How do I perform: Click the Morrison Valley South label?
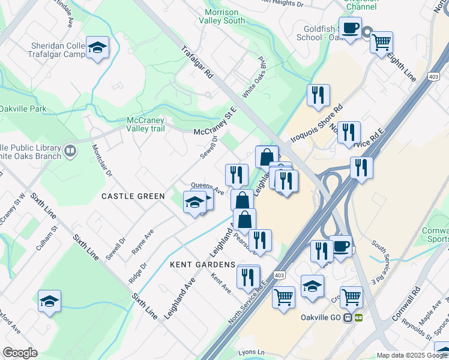click(x=224, y=16)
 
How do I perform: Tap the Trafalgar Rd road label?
click(x=197, y=62)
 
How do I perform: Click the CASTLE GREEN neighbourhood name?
click(x=133, y=196)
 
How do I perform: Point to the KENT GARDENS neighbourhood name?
click(x=202, y=265)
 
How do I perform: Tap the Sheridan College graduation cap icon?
click(x=97, y=48)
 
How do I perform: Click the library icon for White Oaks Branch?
click(x=70, y=151)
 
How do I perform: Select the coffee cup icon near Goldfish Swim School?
click(x=351, y=27)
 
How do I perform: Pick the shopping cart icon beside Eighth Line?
click(x=381, y=43)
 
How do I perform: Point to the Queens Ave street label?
click(x=207, y=188)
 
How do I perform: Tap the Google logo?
click(x=20, y=352)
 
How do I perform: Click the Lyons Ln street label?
click(x=252, y=352)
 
